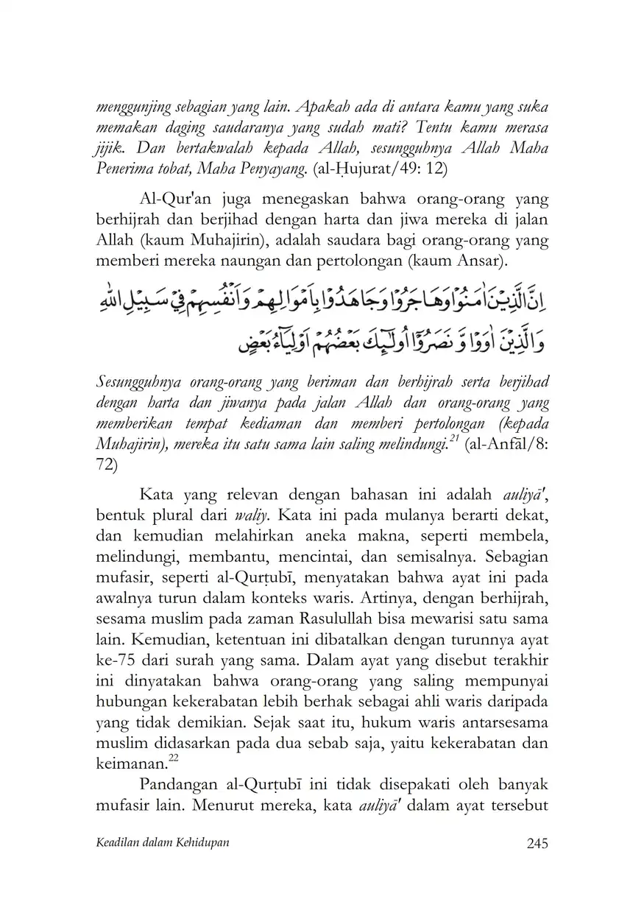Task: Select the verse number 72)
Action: [107, 465]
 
